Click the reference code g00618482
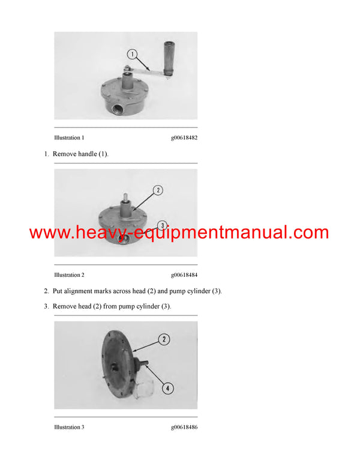184,138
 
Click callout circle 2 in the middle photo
157,190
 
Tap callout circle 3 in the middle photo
161,226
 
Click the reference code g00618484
184,275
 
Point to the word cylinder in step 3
154,306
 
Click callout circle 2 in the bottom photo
163,339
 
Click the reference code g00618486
184,428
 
